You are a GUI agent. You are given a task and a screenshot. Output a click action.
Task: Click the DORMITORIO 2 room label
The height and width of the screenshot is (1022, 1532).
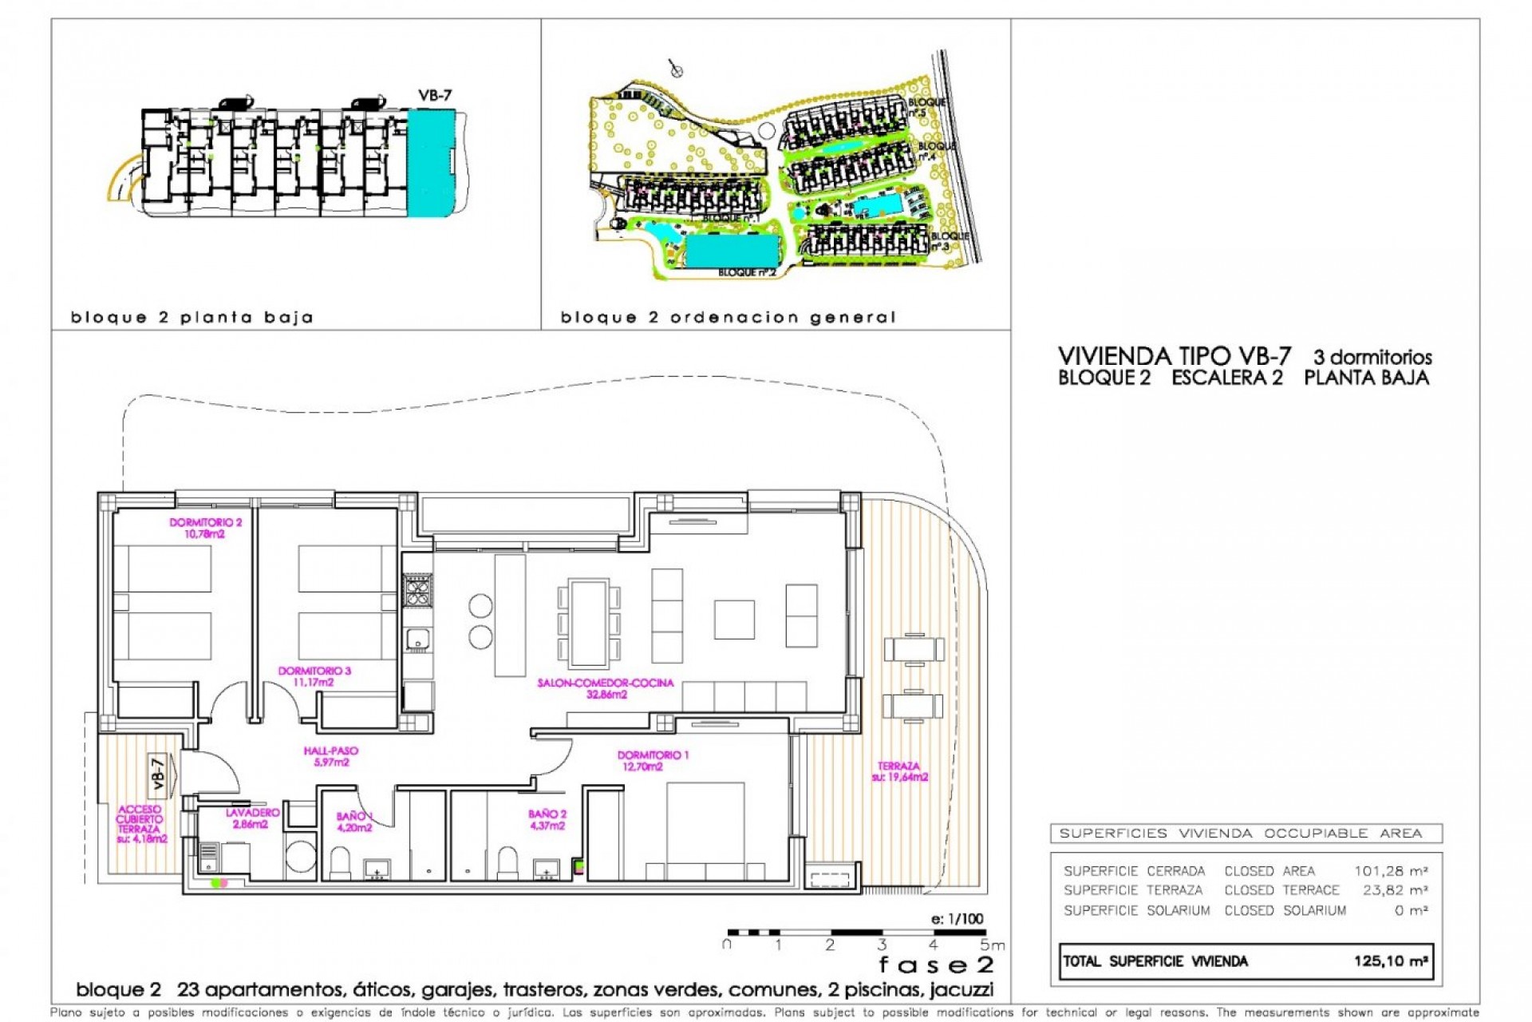click(205, 528)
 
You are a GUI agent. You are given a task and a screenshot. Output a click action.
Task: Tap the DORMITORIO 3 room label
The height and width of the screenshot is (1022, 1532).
click(314, 676)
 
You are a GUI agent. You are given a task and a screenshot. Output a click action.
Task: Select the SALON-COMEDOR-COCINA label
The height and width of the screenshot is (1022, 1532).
click(606, 688)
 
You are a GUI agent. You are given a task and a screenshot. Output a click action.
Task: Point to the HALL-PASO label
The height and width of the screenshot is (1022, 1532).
click(331, 756)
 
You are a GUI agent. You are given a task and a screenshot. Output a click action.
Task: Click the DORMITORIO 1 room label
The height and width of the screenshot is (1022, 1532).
click(652, 760)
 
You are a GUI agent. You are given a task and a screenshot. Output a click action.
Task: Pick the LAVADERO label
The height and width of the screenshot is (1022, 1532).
click(252, 818)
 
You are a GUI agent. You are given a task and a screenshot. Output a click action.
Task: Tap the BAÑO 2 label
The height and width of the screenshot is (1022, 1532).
click(547, 819)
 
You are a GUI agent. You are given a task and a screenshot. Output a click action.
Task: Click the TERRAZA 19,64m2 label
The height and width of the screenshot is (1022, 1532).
click(899, 771)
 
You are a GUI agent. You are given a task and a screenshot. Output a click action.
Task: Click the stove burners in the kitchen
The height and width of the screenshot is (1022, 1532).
click(417, 591)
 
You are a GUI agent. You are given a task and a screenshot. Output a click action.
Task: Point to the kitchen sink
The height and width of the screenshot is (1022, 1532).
click(417, 639)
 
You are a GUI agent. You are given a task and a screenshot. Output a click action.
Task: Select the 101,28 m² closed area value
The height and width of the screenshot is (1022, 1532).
click(1390, 871)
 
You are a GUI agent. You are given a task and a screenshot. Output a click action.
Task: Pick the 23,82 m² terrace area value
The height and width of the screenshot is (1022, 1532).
click(1394, 890)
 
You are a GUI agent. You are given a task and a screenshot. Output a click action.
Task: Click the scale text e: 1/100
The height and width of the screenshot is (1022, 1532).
click(957, 918)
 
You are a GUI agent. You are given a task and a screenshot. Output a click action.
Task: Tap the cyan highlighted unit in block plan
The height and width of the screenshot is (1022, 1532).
click(430, 163)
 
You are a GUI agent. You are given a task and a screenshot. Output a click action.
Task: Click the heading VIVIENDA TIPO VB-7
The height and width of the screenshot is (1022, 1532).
click(1174, 356)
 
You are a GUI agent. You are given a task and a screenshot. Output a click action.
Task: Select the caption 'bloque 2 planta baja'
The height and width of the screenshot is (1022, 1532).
click(192, 318)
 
